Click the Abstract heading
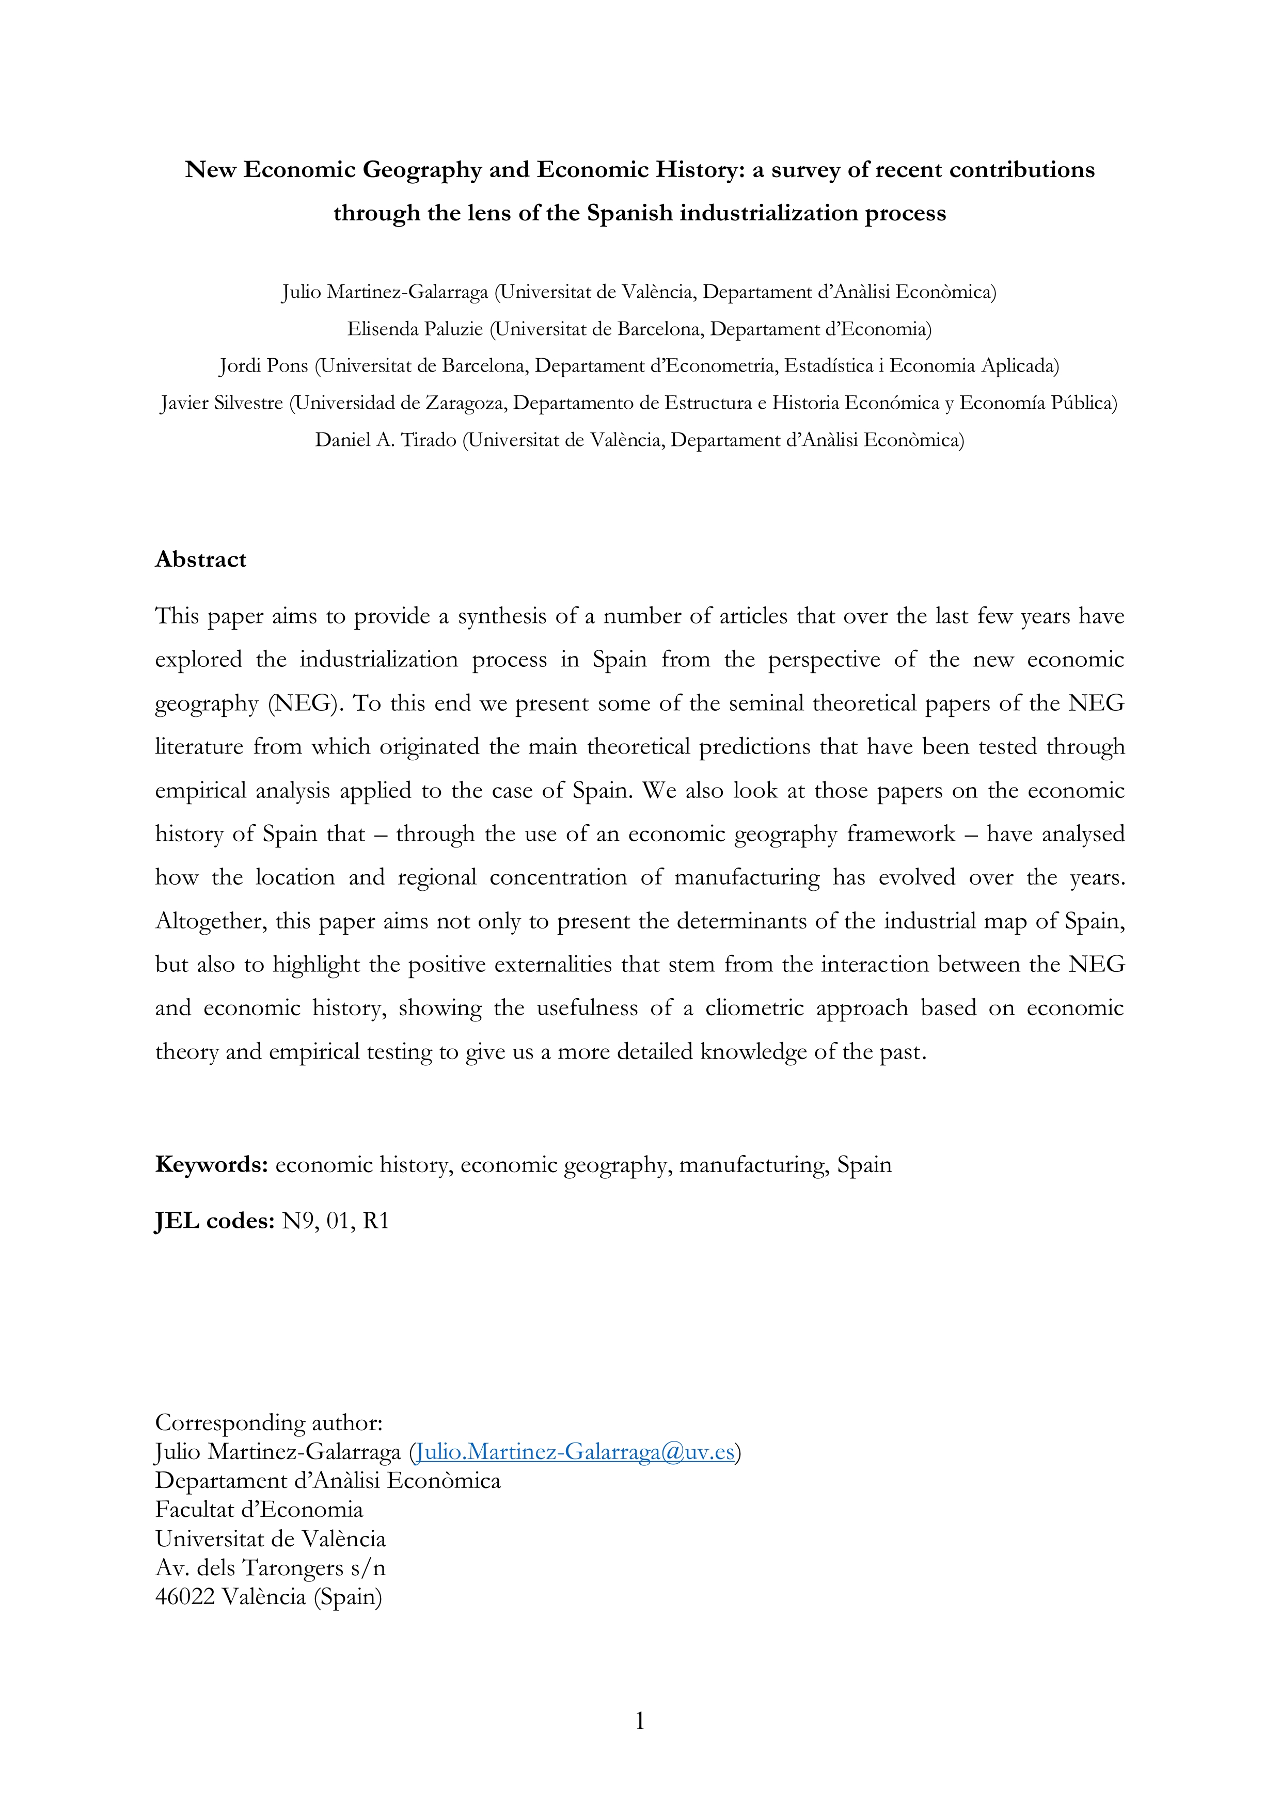point(200,559)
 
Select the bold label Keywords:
point(211,1164)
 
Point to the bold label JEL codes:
point(214,1221)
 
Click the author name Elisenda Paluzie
point(414,329)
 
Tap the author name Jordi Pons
point(263,366)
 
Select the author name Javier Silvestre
point(222,403)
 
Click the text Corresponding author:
point(268,1422)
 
